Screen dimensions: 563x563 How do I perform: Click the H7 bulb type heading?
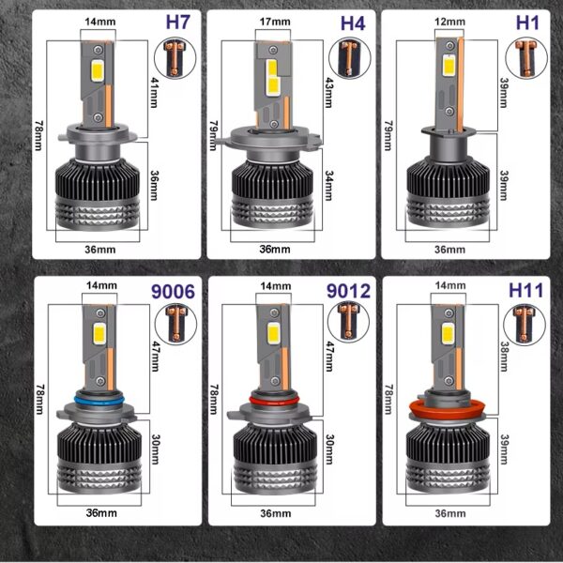click(177, 23)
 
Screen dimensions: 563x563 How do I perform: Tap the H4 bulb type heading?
click(353, 23)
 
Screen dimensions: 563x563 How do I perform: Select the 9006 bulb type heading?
click(173, 292)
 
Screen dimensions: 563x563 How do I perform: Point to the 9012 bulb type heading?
click(348, 291)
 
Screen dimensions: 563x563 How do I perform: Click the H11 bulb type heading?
click(526, 290)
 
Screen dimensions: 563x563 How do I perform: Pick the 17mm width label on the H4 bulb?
click(275, 22)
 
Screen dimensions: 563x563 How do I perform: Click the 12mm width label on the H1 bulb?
click(449, 22)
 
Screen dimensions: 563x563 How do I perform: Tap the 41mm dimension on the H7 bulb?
click(153, 93)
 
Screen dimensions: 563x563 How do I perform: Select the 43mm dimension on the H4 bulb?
click(328, 93)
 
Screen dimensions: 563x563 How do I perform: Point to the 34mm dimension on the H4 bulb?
click(329, 185)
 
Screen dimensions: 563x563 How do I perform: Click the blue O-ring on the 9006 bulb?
click(99, 400)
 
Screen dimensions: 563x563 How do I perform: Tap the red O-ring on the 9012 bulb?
click(274, 400)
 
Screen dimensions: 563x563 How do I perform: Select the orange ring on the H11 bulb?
click(448, 408)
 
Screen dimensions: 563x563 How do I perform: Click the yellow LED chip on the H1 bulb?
click(449, 66)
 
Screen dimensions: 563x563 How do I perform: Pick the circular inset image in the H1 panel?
click(526, 58)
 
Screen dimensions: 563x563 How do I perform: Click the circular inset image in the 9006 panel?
click(176, 324)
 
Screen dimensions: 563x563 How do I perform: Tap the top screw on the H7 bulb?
click(97, 49)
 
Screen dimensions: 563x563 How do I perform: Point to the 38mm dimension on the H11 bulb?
click(504, 357)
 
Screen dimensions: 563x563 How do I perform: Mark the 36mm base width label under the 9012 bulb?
click(275, 513)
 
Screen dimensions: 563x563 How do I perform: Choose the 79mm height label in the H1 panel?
click(388, 135)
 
